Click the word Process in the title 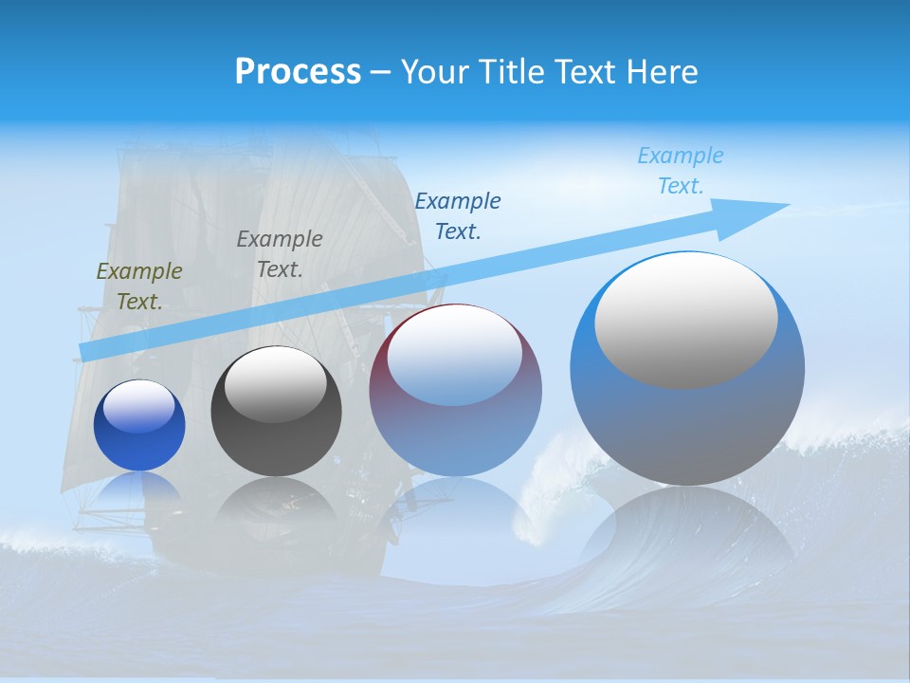(298, 71)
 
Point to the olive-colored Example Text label (139, 286)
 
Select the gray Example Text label (280, 254)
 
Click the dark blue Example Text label (458, 215)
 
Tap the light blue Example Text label (681, 170)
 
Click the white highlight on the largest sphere (685, 321)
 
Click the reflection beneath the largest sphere (687, 531)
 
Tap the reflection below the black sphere (276, 503)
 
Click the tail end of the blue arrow (88, 351)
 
